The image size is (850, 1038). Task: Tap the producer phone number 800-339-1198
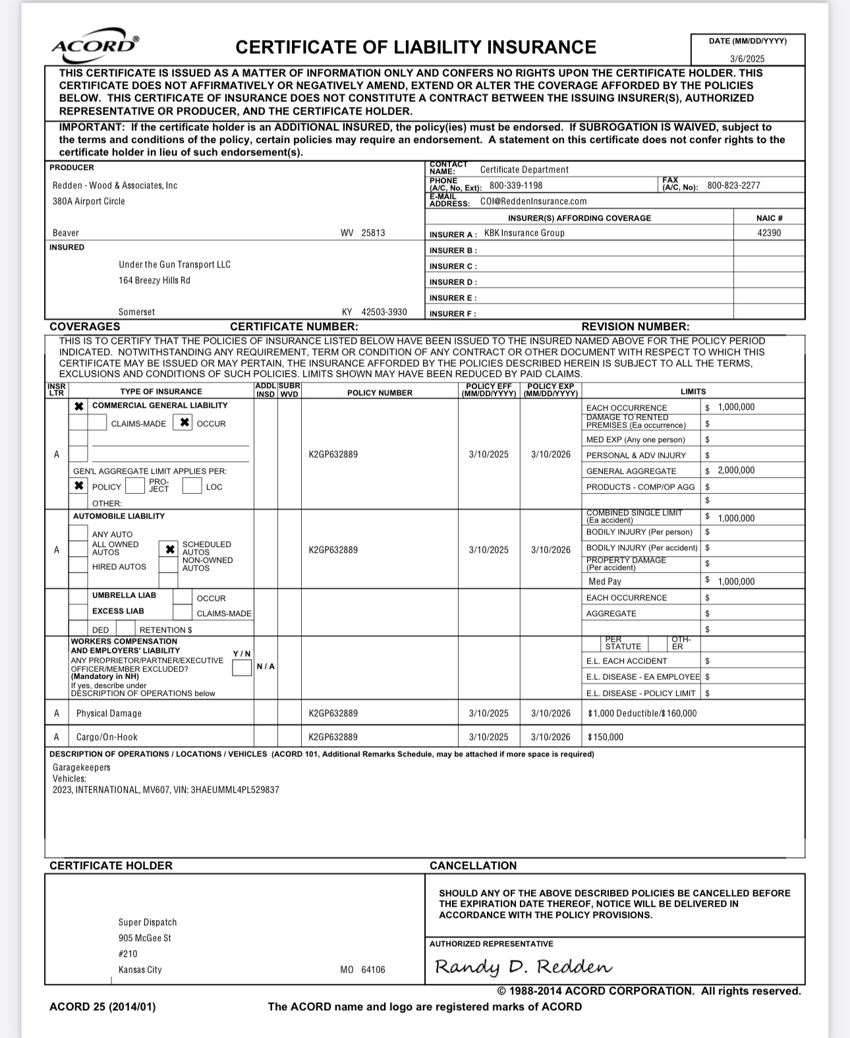pyautogui.click(x=516, y=186)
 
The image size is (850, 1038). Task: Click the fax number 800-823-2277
pyautogui.click(x=733, y=186)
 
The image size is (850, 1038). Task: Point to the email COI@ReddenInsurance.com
pyautogui.click(x=533, y=202)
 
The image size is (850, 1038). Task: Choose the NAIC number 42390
pyautogui.click(x=769, y=233)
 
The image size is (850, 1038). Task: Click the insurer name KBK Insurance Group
pyautogui.click(x=524, y=233)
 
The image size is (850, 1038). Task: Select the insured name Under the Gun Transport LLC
pyautogui.click(x=175, y=265)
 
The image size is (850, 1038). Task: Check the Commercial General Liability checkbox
pyautogui.click(x=79, y=406)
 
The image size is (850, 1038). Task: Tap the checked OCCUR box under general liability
pyautogui.click(x=184, y=423)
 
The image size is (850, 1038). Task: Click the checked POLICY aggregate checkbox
pyautogui.click(x=79, y=486)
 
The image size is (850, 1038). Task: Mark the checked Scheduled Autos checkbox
pyautogui.click(x=170, y=549)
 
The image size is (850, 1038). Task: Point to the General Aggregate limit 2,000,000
pyautogui.click(x=736, y=471)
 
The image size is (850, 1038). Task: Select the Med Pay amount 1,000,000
pyautogui.click(x=736, y=581)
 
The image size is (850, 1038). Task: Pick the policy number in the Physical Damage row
pyautogui.click(x=333, y=713)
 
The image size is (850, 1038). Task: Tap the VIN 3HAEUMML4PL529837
pyautogui.click(x=235, y=790)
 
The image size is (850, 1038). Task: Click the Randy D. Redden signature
pyautogui.click(x=523, y=967)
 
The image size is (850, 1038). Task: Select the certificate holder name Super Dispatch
pyautogui.click(x=148, y=922)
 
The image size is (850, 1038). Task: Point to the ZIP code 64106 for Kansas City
pyautogui.click(x=373, y=969)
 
